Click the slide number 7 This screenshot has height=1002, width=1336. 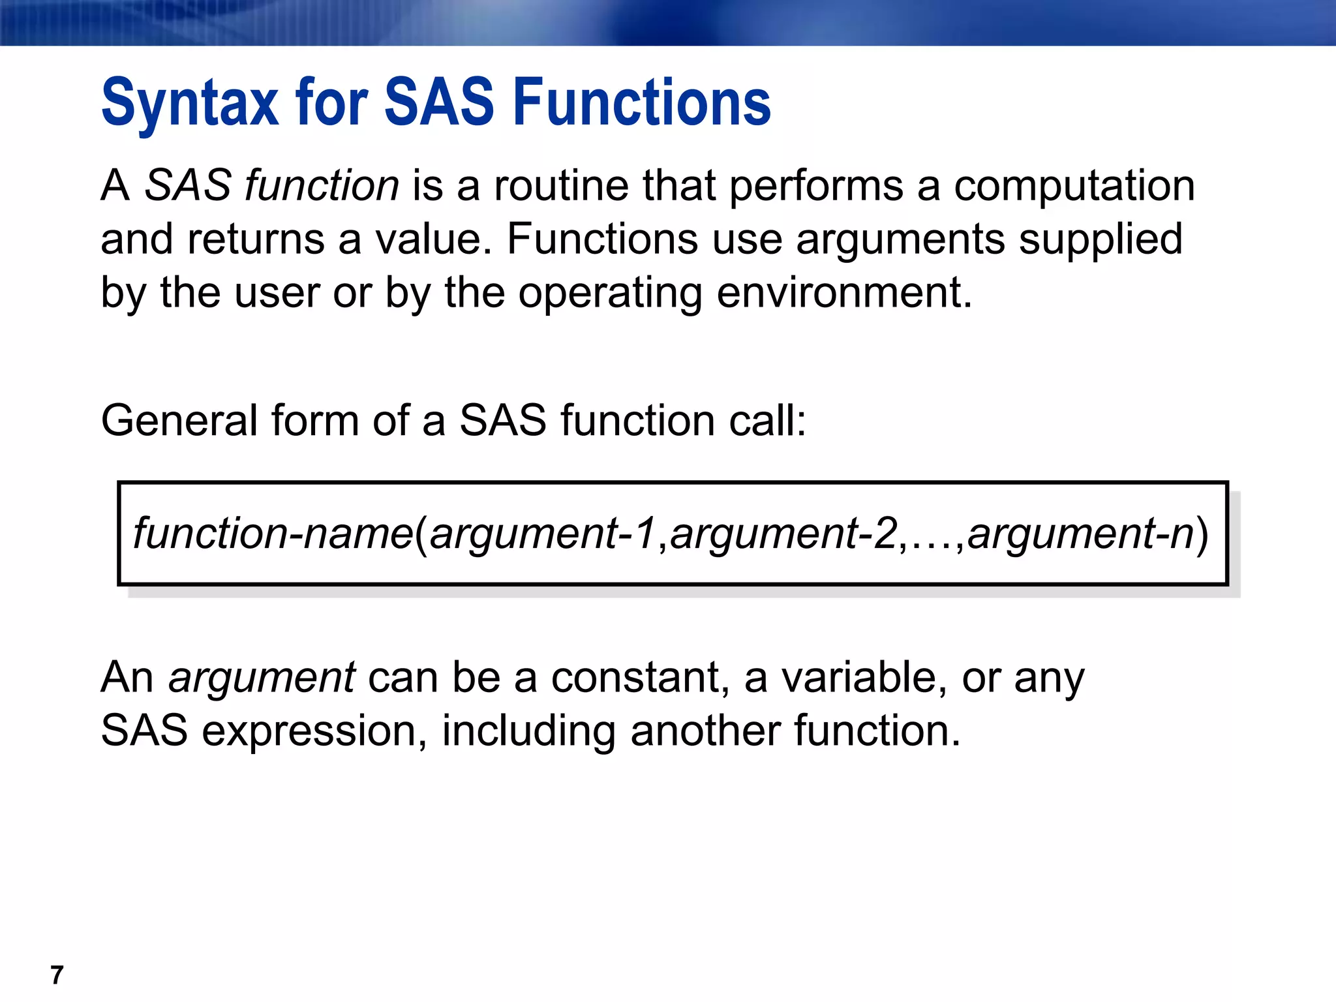coord(57,975)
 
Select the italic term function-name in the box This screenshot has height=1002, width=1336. coord(273,534)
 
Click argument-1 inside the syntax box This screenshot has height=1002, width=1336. coord(542,534)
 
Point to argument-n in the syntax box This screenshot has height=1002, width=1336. coord(1080,534)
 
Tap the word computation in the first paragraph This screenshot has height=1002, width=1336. coord(1074,187)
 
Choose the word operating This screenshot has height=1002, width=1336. coord(610,294)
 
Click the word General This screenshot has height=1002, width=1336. coord(179,420)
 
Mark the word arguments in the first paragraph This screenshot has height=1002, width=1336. coord(900,240)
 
